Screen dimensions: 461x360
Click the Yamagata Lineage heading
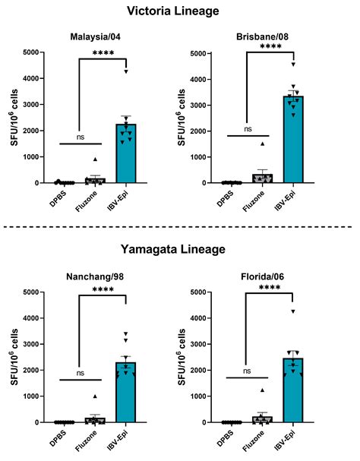180,250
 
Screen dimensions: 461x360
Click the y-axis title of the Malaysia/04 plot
13,118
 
